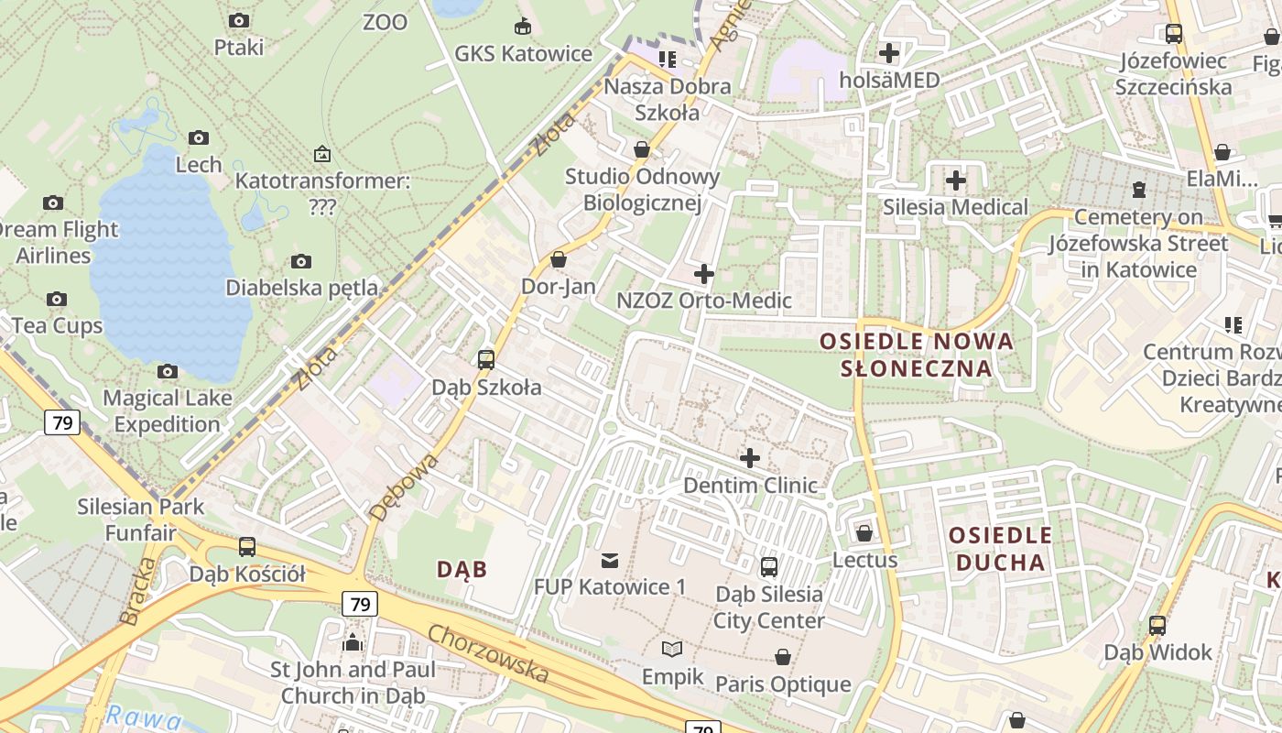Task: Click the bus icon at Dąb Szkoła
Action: coord(486,360)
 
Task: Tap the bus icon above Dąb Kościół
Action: coord(247,547)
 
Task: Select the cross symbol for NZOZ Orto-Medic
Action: coord(703,274)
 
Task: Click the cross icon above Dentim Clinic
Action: coord(750,457)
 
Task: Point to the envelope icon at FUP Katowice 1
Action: coord(610,560)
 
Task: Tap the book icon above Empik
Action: coord(672,650)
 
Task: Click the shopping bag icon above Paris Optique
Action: coord(782,657)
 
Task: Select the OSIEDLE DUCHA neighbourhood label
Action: coord(1000,548)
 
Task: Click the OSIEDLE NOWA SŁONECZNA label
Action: coord(917,355)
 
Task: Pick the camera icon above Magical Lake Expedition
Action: coord(167,371)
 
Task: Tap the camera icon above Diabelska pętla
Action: coord(300,262)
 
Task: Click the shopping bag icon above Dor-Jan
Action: coord(559,260)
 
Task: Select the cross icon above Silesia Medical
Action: coord(955,181)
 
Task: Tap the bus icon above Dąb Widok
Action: coord(1157,626)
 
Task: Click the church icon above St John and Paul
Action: coord(353,642)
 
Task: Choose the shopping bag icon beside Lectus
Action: coord(864,532)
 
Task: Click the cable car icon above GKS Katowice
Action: coord(523,26)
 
